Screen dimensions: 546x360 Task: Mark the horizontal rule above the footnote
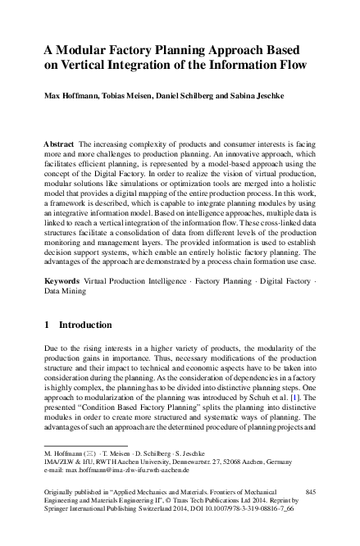tap(85, 444)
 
